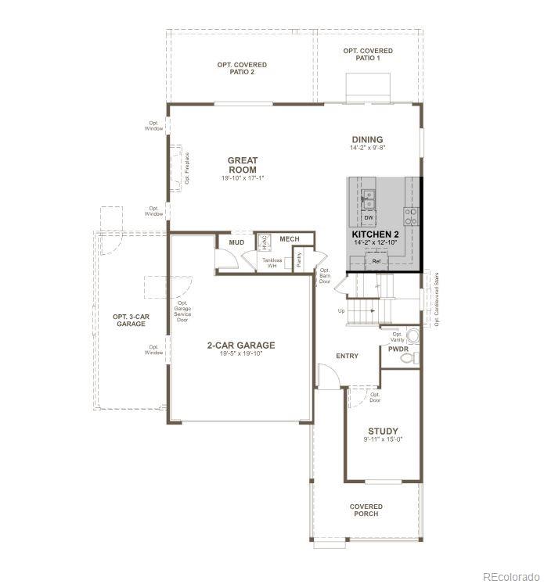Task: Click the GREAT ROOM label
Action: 243,165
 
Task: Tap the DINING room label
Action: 367,139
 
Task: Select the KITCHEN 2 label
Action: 376,235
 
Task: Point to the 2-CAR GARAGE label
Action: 240,345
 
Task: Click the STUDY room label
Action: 383,431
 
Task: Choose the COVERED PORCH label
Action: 366,511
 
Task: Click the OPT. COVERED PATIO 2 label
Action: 242,68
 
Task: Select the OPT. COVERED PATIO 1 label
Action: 367,54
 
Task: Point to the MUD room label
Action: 236,242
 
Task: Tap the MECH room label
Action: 290,238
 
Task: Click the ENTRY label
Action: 347,356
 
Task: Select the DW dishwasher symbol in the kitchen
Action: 368,217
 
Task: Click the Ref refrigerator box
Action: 376,260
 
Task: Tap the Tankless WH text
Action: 272,262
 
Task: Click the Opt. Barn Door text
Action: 324,276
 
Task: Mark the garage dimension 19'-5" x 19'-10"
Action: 240,354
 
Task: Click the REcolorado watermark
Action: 509,577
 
